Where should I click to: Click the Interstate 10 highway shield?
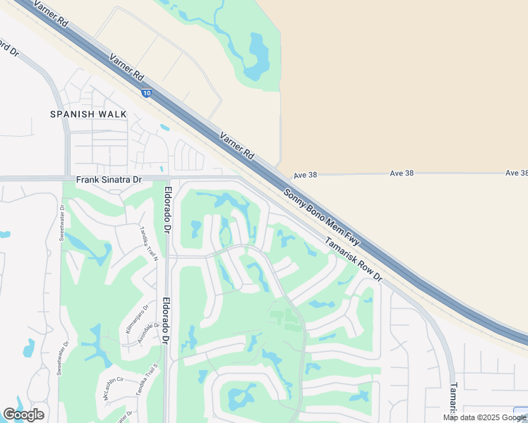point(146,93)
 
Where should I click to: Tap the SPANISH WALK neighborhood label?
point(88,114)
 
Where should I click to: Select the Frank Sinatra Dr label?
point(109,180)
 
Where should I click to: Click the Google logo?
point(23,415)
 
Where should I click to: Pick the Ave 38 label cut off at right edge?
point(517,173)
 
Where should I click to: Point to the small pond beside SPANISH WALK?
point(164,128)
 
